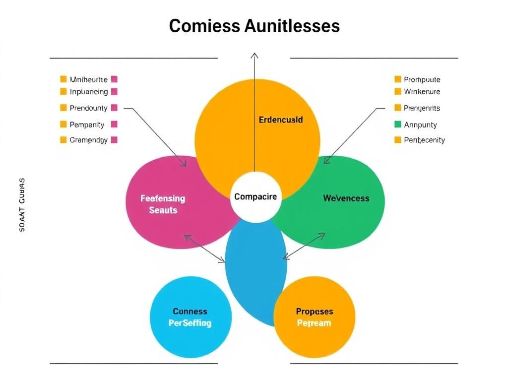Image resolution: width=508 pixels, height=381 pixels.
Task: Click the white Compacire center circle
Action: tap(255, 197)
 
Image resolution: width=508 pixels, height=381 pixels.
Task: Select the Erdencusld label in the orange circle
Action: tap(281, 120)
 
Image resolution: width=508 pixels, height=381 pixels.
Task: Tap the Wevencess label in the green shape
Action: tap(346, 198)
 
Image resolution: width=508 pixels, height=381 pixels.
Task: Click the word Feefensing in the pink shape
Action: tap(163, 198)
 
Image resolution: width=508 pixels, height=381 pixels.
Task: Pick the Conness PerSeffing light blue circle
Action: tap(190, 317)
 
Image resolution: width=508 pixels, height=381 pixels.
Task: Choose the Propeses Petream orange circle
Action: tap(315, 317)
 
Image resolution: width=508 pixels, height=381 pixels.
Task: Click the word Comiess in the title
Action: tap(204, 26)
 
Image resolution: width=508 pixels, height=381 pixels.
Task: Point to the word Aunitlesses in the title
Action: tap(292, 26)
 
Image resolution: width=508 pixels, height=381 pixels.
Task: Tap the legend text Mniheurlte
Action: tap(88, 79)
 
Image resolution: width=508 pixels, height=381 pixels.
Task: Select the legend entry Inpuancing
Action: tap(89, 92)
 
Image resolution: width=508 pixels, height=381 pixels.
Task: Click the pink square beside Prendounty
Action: tap(114, 108)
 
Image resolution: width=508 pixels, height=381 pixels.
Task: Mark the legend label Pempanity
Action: tap(87, 125)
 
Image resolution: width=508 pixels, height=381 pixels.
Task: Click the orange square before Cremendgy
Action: tap(63, 140)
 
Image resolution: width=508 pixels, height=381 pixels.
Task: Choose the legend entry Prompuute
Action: tap(422, 79)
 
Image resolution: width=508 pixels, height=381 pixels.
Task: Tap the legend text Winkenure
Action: tap(422, 92)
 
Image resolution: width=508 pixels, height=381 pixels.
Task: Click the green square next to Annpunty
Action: tap(397, 125)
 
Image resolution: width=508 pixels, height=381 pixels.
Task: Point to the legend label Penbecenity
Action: tap(424, 140)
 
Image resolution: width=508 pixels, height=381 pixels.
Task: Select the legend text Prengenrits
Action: tap(422, 108)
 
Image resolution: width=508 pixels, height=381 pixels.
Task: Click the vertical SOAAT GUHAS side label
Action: tap(22, 205)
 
